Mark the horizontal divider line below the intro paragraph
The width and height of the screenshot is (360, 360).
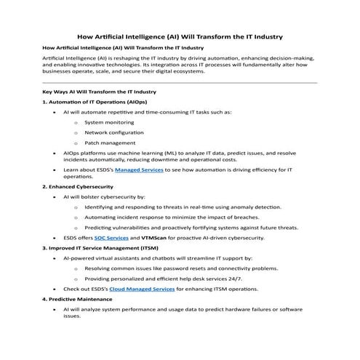pos(180,82)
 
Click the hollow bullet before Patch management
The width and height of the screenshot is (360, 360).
pos(76,143)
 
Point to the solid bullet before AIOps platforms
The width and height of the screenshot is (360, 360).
pos(55,153)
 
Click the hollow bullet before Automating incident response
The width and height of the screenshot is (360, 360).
pos(76,217)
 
